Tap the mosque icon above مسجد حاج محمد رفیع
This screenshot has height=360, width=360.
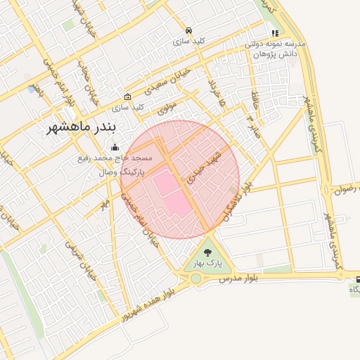115,148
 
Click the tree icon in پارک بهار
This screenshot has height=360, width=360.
208,251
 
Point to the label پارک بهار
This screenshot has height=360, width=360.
208,263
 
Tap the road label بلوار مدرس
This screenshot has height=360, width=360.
236,279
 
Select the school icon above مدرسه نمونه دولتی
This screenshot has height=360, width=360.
275,32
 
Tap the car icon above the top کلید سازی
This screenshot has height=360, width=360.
188,31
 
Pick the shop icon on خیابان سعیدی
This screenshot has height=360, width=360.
127,96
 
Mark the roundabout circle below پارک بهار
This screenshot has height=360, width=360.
195,279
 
